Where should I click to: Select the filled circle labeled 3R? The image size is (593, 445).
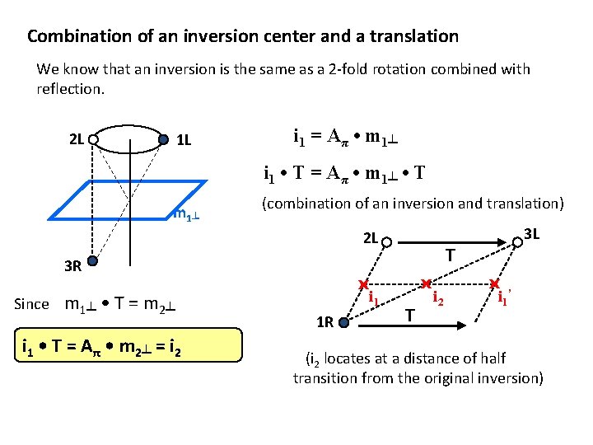click(x=93, y=262)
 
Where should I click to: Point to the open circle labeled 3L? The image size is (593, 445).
click(x=516, y=241)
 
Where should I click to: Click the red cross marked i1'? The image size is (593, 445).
click(x=495, y=283)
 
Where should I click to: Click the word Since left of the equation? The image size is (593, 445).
click(x=32, y=304)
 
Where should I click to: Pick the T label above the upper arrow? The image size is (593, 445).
click(x=451, y=256)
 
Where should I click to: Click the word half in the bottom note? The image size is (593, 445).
click(x=491, y=358)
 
